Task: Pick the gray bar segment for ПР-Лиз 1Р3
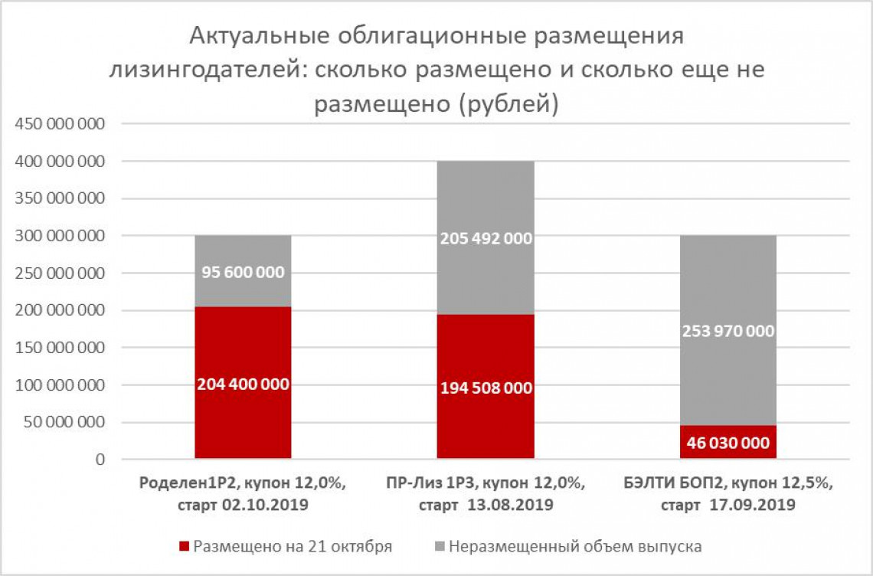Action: coord(486,199)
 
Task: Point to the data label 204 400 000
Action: coord(243,385)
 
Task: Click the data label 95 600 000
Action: coord(243,273)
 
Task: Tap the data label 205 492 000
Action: coord(486,239)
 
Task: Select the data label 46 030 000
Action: coord(727,443)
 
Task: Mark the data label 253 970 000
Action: coord(727,332)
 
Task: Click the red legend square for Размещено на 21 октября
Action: coord(183,547)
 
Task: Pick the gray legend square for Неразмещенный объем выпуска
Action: coord(439,547)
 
